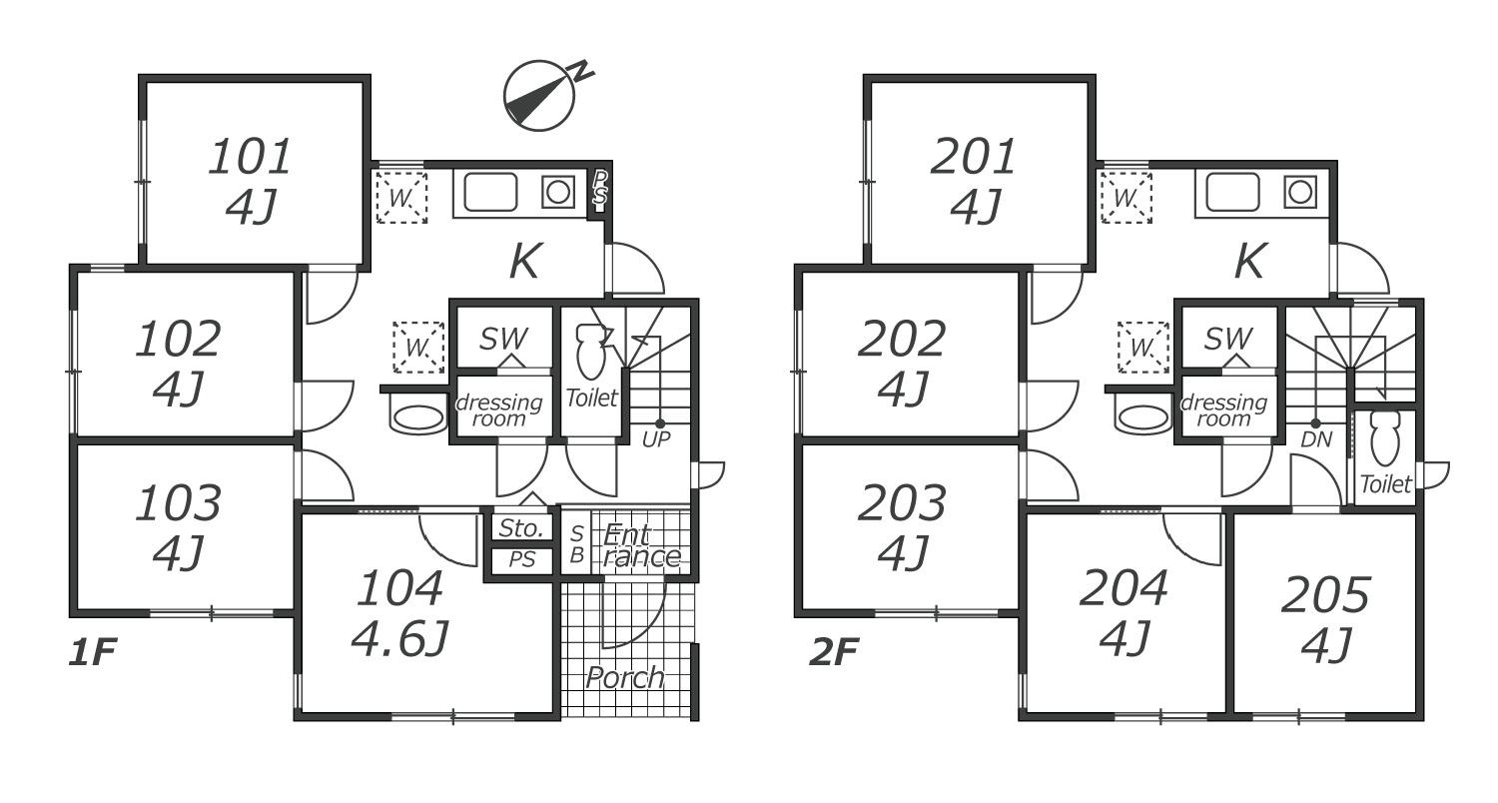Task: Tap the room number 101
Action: point(250,157)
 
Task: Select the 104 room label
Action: point(399,588)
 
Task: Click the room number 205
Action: point(1325,595)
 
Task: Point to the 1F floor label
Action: point(93,652)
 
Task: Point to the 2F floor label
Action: point(834,652)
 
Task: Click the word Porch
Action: point(625,678)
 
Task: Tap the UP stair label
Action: point(656,439)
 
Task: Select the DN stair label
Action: point(1316,439)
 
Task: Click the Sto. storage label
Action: point(521,528)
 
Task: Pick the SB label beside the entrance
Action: point(576,544)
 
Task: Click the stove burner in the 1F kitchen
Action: point(557,193)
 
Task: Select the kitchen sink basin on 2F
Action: point(1232,193)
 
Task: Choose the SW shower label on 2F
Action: point(1228,339)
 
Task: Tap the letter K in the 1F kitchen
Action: point(525,262)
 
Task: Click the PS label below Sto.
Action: point(521,560)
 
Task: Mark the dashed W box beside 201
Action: point(1126,197)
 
